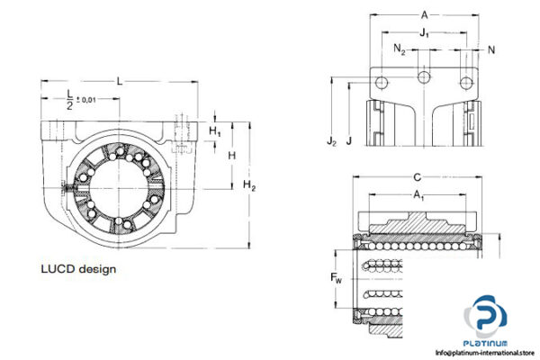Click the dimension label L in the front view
120,81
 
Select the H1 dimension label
214,131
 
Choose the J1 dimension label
423,33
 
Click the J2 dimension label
331,140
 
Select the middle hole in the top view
423,79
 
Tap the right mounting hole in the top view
465,83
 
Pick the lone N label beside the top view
490,49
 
